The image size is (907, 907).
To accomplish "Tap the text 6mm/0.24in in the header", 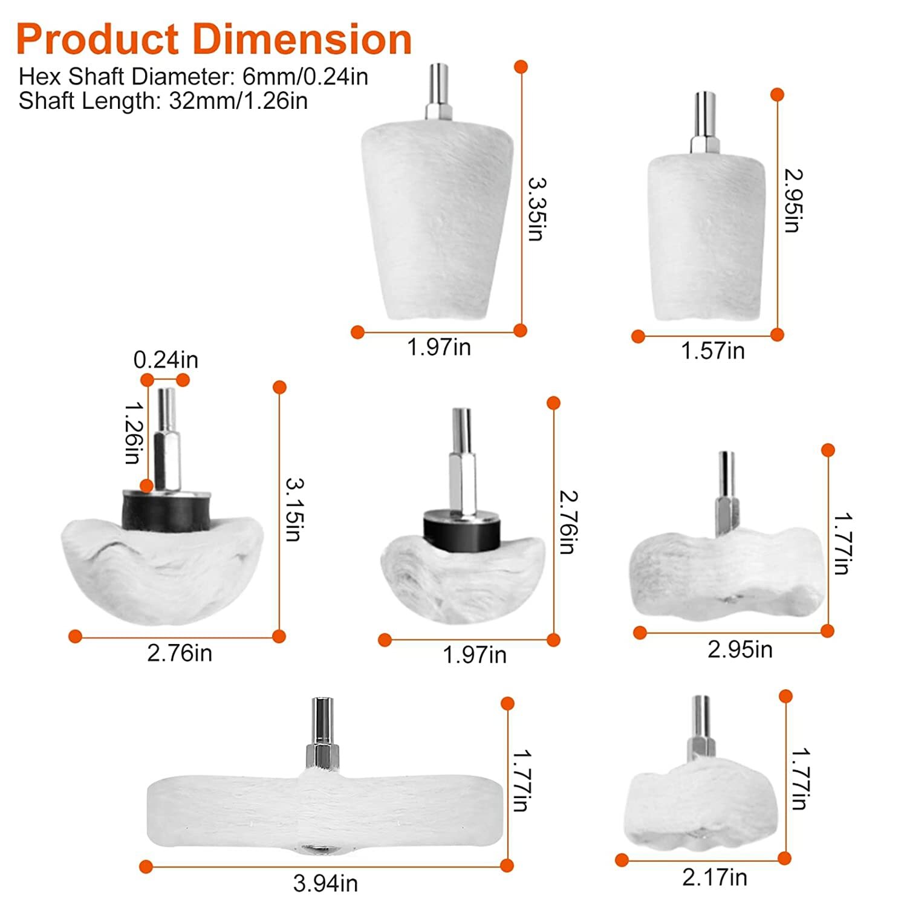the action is coord(305,77).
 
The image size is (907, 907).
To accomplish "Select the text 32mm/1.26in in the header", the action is coord(238,101).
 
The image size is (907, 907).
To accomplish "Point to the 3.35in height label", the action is coord(536,209).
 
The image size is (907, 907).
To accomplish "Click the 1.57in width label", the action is coord(713,351).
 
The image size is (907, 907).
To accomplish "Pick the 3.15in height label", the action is coord(294,510).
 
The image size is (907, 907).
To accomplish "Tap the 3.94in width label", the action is coord(325,883).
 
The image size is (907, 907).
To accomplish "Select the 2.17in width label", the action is coord(715,877).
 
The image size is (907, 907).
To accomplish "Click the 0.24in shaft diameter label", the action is coord(166,360).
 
